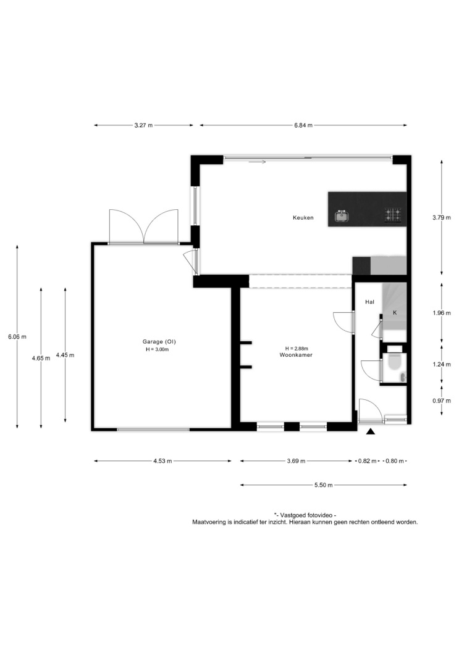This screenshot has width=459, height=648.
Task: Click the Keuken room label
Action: click(303, 218)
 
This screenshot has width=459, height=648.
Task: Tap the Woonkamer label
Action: click(296, 355)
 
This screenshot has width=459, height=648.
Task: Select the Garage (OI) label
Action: click(159, 342)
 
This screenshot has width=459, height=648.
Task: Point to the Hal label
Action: click(369, 302)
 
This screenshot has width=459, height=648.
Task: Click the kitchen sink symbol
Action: click(341, 216)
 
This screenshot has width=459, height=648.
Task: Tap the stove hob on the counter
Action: click(393, 215)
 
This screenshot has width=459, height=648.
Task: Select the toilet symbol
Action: click(395, 362)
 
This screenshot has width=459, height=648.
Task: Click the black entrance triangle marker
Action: click(371, 432)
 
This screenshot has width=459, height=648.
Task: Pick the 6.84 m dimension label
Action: click(303, 126)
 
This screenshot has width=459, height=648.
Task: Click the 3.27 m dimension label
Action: click(143, 126)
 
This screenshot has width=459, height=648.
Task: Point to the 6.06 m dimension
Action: click(17, 337)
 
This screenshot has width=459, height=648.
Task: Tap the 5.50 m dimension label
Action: click(323, 485)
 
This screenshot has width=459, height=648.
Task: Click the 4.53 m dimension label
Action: click(162, 461)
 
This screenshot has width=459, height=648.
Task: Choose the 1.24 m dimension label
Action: click(442, 365)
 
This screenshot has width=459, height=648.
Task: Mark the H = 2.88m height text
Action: click(297, 349)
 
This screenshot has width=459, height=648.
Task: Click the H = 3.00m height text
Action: click(158, 349)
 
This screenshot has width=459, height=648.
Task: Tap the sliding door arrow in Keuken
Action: click(257, 162)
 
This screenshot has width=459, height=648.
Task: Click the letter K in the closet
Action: click(395, 313)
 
